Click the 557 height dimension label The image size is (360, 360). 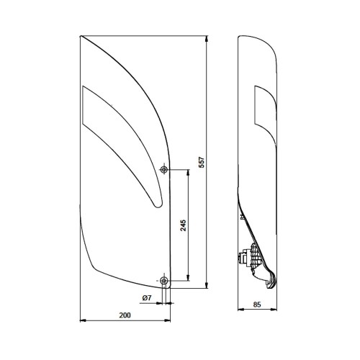(202, 162)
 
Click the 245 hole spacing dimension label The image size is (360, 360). (183, 225)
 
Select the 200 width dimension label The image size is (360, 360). (125, 315)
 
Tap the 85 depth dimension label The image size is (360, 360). (257, 305)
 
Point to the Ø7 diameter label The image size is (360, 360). (147, 298)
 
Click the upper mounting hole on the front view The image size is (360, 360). (164, 169)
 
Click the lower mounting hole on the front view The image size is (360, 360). (164, 280)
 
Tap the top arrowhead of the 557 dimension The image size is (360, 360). (207, 39)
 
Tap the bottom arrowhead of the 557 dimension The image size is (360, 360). (207, 285)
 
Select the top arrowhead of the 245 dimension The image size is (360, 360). (188, 173)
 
